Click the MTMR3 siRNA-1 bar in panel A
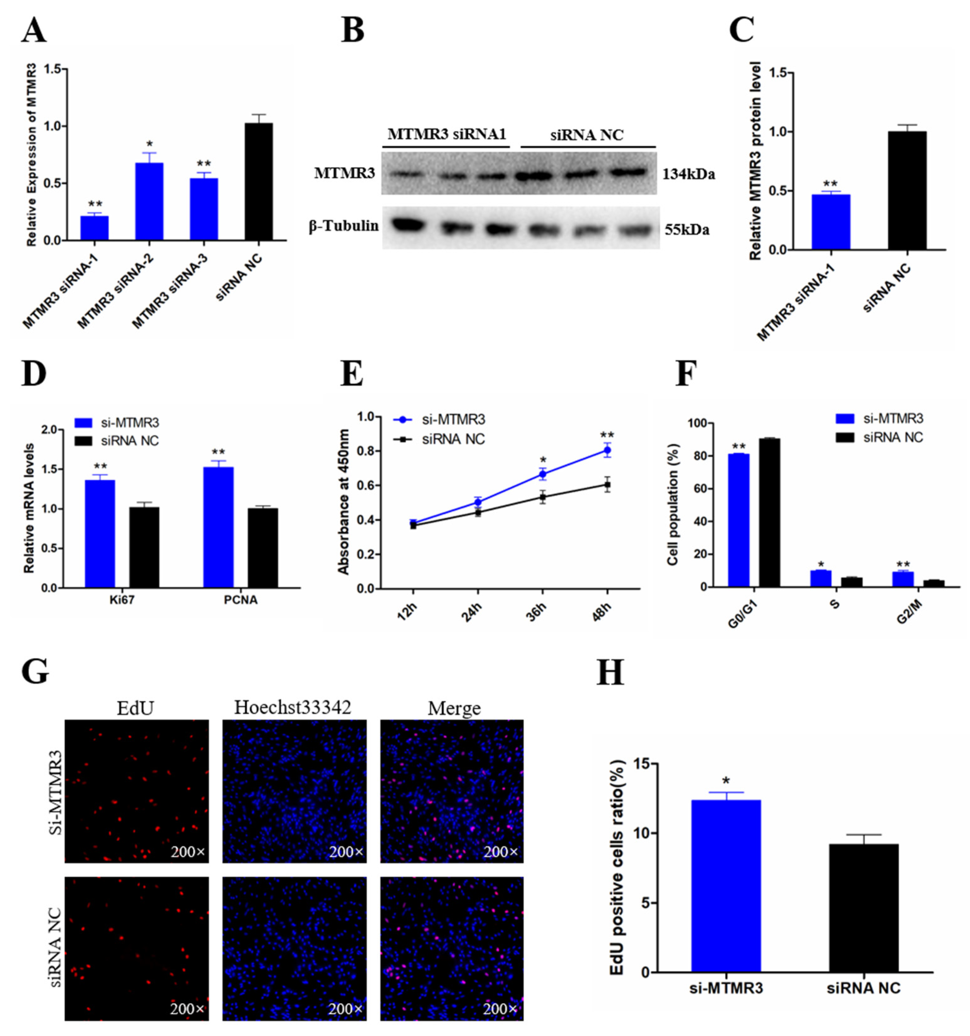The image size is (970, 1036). pos(94,228)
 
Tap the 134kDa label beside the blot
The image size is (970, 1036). pos(688,174)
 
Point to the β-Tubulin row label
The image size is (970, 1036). pos(344,226)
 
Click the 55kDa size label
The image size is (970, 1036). pos(686,229)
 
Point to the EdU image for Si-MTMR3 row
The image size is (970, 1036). pos(136,791)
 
